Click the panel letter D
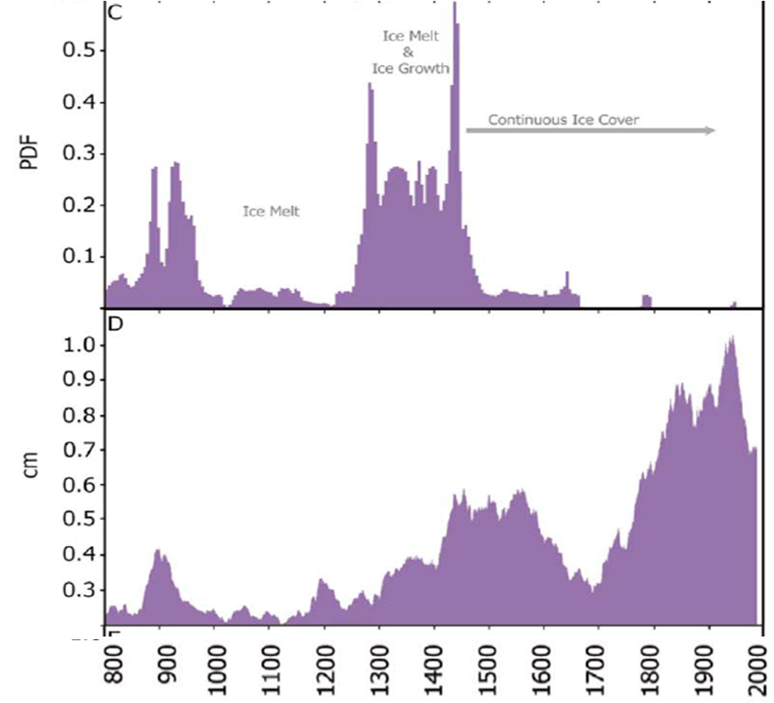tap(115, 322)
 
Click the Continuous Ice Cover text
tap(564, 120)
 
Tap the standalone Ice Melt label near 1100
tap(271, 212)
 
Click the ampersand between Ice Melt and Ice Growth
tap(409, 52)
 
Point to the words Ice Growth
tap(410, 69)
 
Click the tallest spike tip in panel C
tap(454, 4)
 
